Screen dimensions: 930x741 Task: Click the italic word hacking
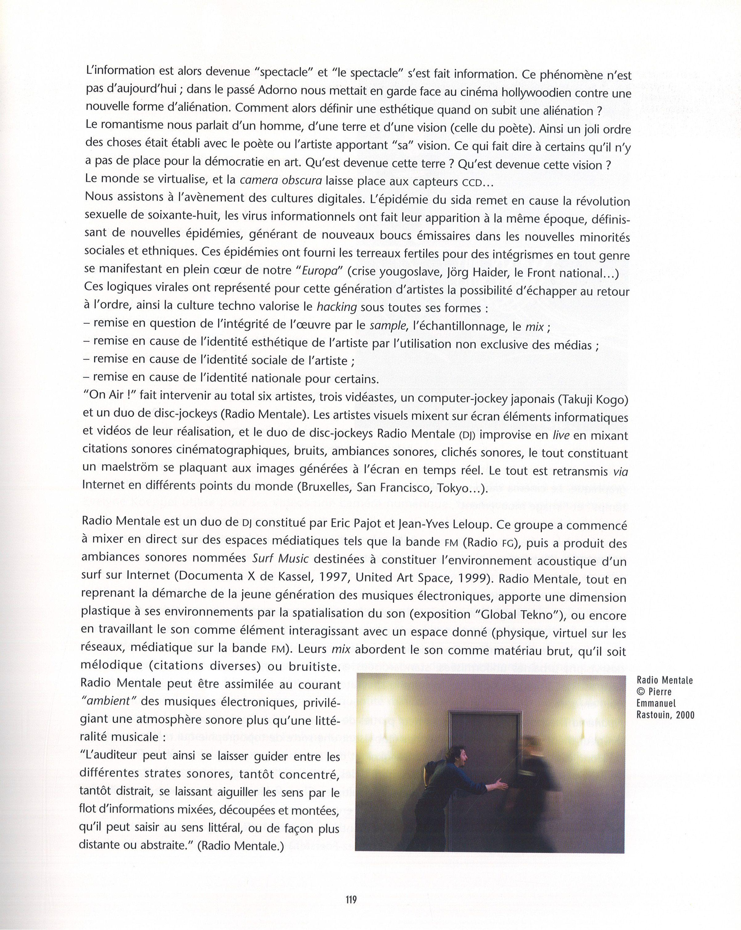(x=336, y=307)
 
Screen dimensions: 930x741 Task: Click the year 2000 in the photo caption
(x=686, y=715)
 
